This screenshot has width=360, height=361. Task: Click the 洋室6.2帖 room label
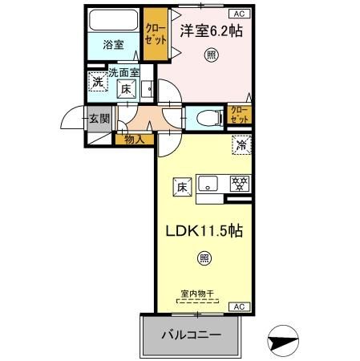(x=212, y=31)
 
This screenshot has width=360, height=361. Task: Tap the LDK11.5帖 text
(x=205, y=231)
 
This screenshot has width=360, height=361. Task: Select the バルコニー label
(x=192, y=335)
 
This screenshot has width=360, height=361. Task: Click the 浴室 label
(x=113, y=46)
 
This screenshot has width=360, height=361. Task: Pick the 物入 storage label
(x=135, y=140)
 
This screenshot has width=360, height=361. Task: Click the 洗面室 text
(x=124, y=73)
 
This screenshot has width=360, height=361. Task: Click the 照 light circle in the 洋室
(x=211, y=55)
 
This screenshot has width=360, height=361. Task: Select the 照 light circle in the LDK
(x=204, y=258)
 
